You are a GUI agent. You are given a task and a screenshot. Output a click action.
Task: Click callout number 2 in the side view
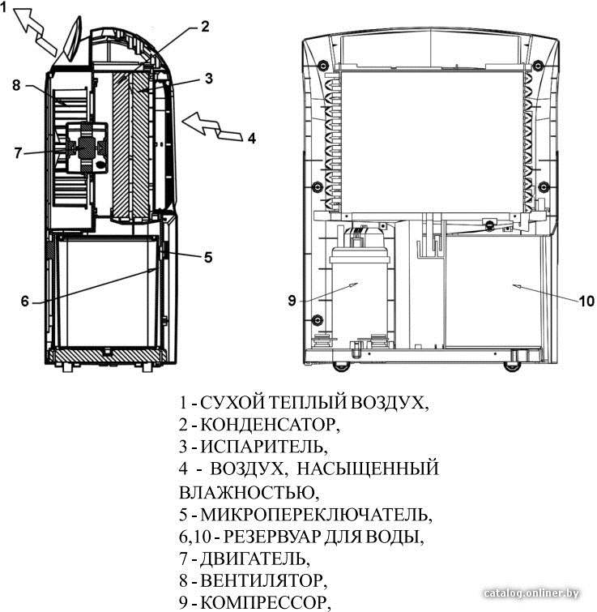[x=205, y=27]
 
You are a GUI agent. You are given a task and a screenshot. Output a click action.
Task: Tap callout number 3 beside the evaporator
[x=209, y=79]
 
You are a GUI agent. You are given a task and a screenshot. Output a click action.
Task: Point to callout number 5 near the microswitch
[x=208, y=258]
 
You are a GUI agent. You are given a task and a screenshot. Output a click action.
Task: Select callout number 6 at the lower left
[x=25, y=301]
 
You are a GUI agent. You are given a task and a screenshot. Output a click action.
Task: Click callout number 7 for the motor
[x=18, y=152]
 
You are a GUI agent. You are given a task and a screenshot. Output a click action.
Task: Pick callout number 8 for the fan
[x=16, y=85]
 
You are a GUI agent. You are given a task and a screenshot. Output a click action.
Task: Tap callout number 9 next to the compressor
[x=292, y=301]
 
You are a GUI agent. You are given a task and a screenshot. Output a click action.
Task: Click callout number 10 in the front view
[x=586, y=301]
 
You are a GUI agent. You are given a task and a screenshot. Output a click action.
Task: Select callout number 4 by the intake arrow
[x=252, y=138]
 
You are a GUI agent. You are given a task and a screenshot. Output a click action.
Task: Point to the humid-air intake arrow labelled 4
[x=212, y=127]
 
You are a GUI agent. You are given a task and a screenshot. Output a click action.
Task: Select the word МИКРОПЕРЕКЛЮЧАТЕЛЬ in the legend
[x=314, y=515]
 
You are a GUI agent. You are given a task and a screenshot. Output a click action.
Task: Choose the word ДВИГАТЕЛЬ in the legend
[x=253, y=559]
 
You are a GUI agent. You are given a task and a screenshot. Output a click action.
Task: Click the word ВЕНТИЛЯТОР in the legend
[x=262, y=580]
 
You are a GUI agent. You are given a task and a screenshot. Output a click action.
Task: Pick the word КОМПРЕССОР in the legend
[x=263, y=603]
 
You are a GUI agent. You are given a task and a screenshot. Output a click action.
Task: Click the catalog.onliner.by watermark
[x=531, y=593]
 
